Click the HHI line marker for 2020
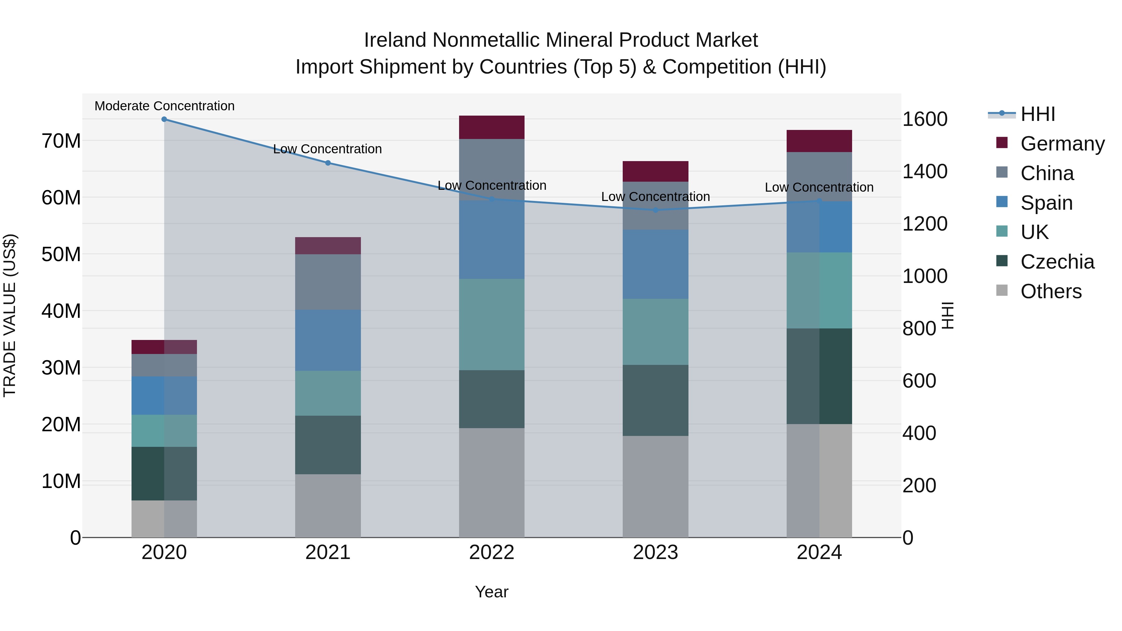click(x=164, y=119)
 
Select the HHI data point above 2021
click(x=328, y=163)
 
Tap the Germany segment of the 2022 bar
click(x=492, y=127)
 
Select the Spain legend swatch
click(x=1002, y=202)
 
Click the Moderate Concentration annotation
click(x=165, y=106)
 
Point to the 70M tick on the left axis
click(x=61, y=141)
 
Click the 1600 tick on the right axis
click(x=925, y=119)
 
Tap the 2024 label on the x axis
click(x=819, y=552)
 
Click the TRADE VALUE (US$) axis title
click(x=10, y=315)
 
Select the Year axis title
click(x=492, y=592)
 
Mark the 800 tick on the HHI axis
click(x=919, y=328)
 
